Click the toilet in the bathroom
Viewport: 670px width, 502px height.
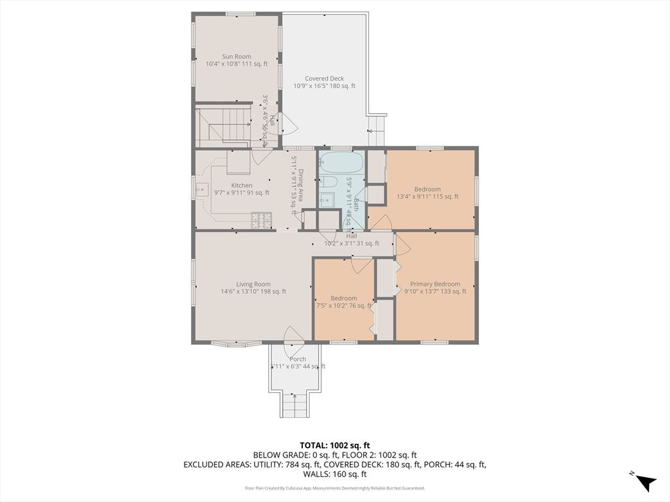click(x=328, y=182)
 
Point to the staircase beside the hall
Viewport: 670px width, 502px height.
click(x=224, y=126)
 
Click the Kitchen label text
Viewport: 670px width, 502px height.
click(x=241, y=185)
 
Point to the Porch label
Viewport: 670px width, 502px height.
click(x=298, y=359)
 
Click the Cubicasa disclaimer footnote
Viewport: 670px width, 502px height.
click(x=334, y=488)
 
